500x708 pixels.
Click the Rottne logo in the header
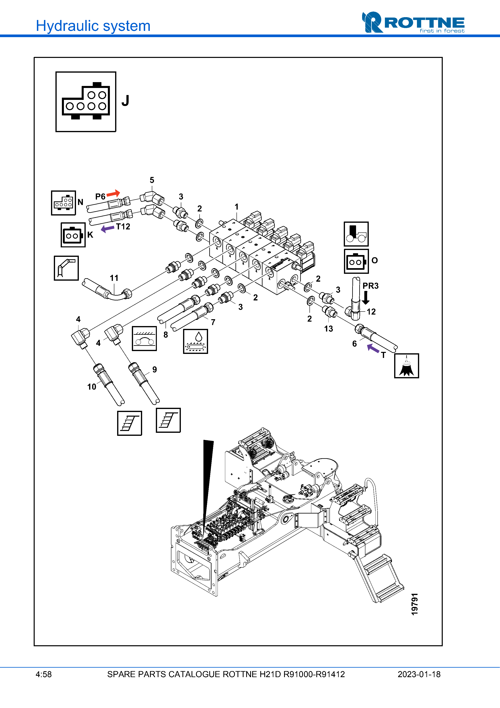coord(413,23)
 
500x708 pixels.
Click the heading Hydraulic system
coord(93,26)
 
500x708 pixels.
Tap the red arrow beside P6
coord(113,193)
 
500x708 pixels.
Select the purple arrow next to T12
coord(107,229)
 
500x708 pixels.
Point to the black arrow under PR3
coord(366,298)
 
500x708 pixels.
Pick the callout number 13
coord(328,329)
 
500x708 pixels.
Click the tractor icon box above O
coord(356,234)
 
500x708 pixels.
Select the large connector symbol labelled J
coord(86,102)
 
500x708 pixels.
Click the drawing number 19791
coord(415,604)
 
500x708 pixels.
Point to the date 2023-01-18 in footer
coord(419,674)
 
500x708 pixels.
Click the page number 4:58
coord(43,674)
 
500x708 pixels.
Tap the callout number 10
coord(92,387)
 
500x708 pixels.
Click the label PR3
coord(370,286)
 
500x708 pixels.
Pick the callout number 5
coord(152,180)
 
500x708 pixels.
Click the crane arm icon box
coord(66,268)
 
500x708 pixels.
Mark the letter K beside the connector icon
coord(90,235)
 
